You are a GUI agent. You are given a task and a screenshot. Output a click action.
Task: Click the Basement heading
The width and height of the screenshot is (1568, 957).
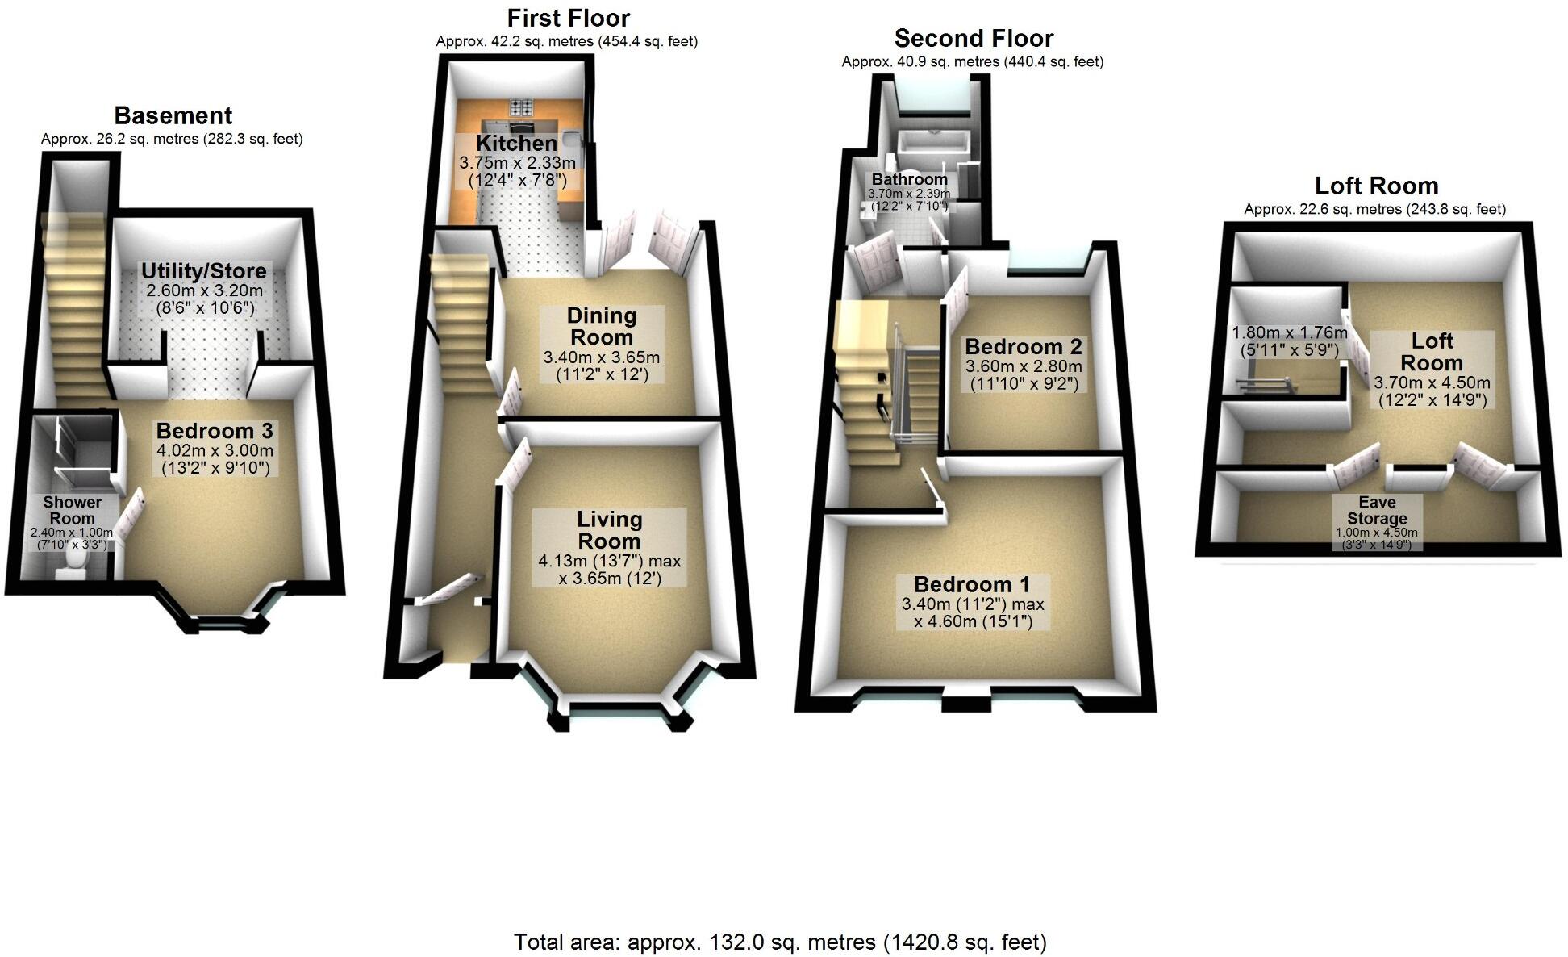pyautogui.click(x=173, y=116)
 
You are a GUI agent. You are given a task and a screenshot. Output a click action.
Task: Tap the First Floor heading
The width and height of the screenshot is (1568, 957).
pyautogui.click(x=568, y=18)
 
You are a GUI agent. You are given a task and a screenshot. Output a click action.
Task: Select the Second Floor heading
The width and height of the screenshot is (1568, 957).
pyautogui.click(x=974, y=39)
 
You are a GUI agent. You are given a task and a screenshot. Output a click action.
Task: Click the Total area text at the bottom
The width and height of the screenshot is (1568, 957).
pyautogui.click(x=780, y=942)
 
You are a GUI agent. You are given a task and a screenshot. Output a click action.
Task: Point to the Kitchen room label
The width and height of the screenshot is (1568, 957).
pyautogui.click(x=516, y=144)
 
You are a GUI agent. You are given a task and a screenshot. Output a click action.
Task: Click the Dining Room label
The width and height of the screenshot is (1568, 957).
pyautogui.click(x=601, y=326)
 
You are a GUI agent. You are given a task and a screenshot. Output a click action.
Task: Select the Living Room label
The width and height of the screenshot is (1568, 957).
pyautogui.click(x=609, y=530)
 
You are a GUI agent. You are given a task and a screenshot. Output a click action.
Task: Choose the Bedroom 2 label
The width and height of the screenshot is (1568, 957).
pyautogui.click(x=1023, y=347)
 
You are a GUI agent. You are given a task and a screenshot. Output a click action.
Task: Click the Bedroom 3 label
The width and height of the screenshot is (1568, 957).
pyautogui.click(x=215, y=431)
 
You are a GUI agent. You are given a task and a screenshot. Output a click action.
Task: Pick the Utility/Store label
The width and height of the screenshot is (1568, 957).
pyautogui.click(x=203, y=270)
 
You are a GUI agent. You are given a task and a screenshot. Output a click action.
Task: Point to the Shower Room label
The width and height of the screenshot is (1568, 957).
pyautogui.click(x=72, y=510)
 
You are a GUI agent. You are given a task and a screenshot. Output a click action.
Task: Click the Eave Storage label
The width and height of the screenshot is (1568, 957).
pyautogui.click(x=1377, y=510)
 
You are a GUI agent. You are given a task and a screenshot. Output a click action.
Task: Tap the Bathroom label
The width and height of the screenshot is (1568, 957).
pyautogui.click(x=909, y=179)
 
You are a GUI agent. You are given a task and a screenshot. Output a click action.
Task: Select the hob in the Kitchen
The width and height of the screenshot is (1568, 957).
pyautogui.click(x=520, y=107)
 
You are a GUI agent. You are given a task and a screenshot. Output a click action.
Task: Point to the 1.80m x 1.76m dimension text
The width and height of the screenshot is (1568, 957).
pyautogui.click(x=1289, y=332)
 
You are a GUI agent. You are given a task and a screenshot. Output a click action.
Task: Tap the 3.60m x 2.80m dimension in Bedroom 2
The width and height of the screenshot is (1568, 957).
pyautogui.click(x=1024, y=366)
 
